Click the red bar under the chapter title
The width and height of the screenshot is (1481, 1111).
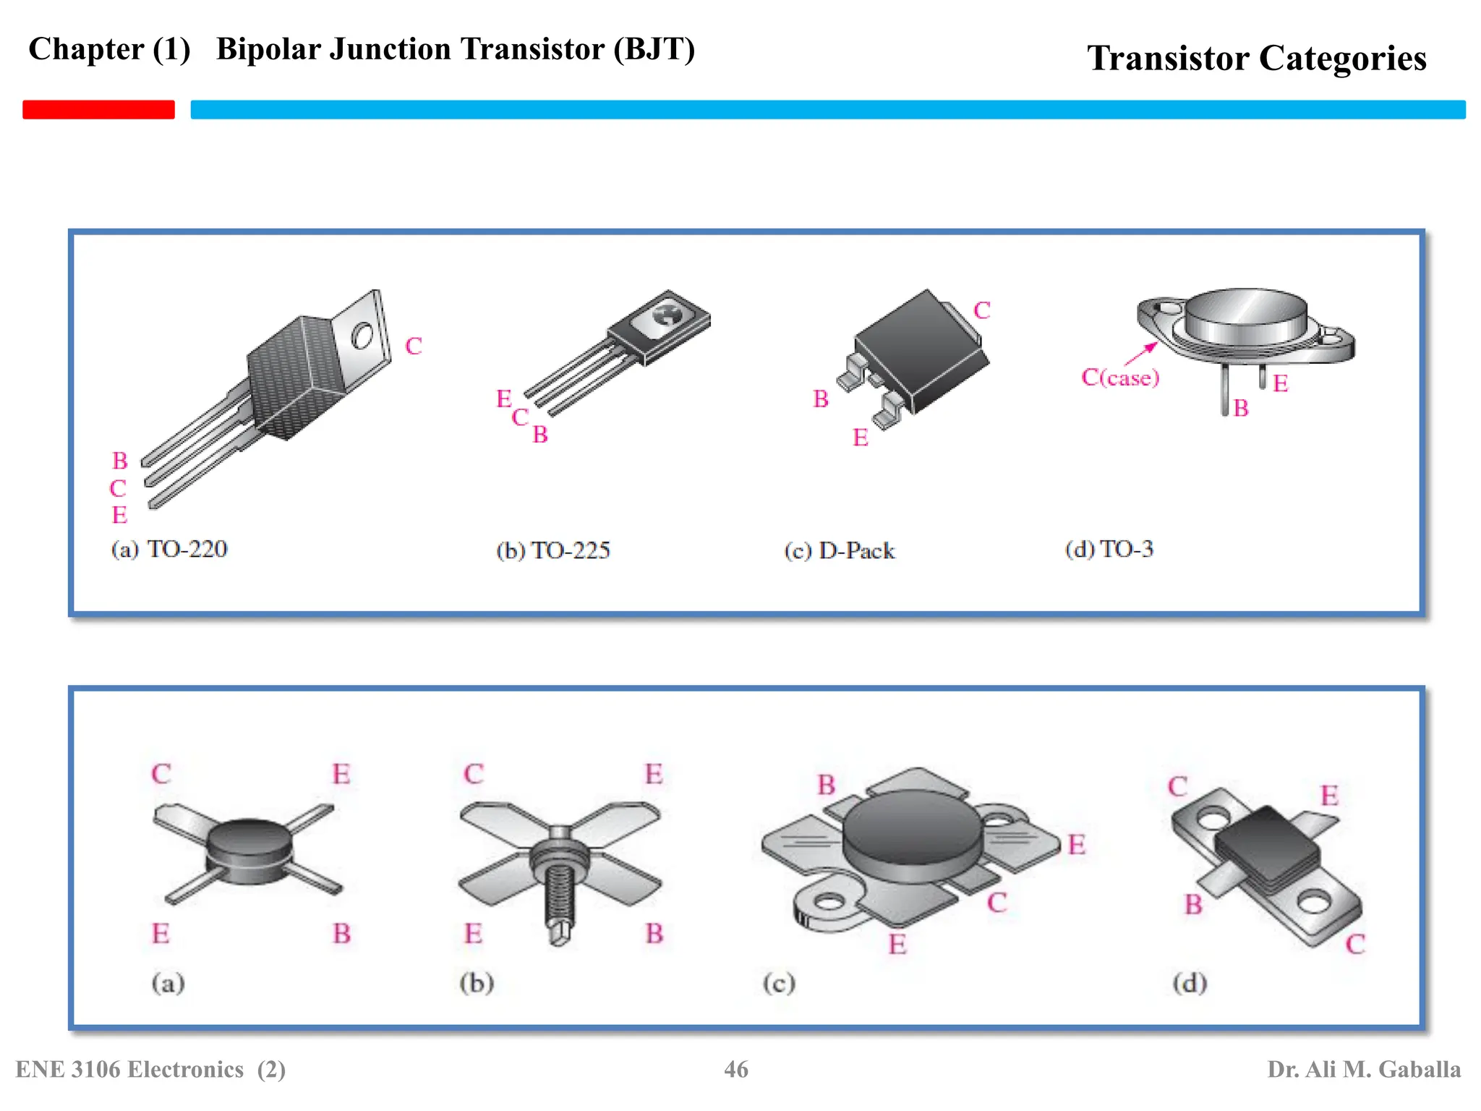pos(98,109)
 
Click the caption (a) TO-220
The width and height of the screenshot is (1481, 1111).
pos(169,549)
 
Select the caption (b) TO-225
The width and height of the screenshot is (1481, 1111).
pos(553,550)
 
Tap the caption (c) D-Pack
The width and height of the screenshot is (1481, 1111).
pos(840,551)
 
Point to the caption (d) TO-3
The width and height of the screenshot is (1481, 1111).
pos(1109,549)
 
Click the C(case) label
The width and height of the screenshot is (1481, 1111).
pos(1119,378)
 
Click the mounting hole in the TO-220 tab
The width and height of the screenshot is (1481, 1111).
pos(362,336)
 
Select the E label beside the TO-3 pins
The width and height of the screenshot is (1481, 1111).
pos(1280,383)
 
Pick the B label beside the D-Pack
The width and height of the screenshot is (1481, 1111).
pos(820,399)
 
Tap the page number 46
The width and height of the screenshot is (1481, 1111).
pos(736,1069)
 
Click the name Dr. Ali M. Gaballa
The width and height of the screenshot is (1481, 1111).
pos(1363,1069)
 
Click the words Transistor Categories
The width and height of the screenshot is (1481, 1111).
pos(1256,58)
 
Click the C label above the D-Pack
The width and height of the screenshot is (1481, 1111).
pos(981,310)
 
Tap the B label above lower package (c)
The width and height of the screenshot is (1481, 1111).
pos(826,785)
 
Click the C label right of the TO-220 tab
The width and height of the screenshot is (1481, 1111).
pos(413,346)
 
